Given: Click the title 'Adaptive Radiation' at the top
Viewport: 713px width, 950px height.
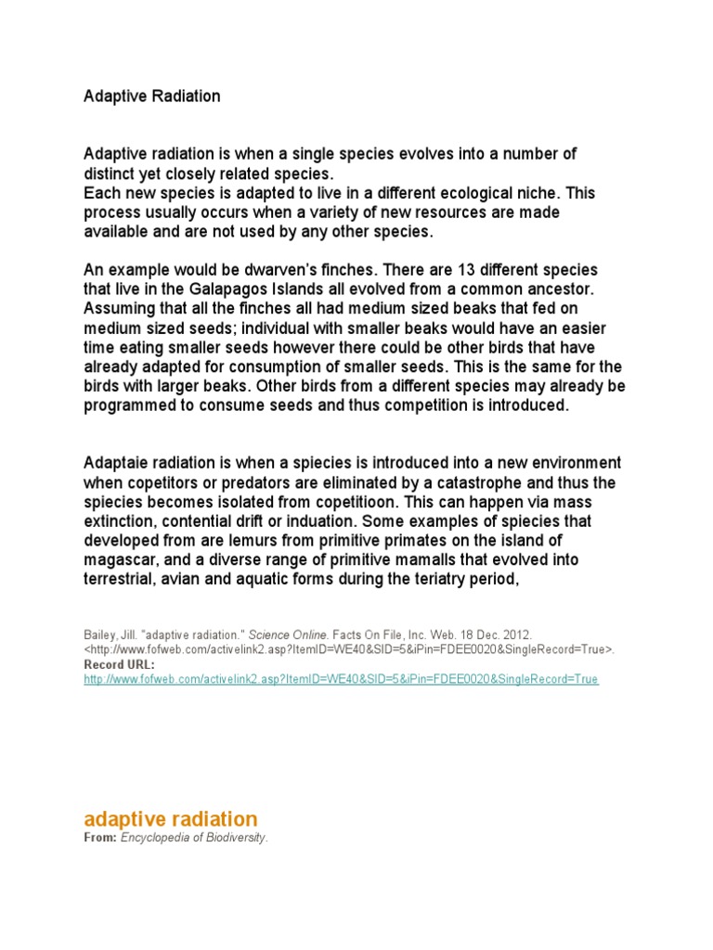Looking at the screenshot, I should [152, 96].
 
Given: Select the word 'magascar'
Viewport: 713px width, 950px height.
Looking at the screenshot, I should [118, 560].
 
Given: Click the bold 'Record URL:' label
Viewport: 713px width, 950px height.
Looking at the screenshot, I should [120, 665].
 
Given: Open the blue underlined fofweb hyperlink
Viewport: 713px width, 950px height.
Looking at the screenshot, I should [341, 680].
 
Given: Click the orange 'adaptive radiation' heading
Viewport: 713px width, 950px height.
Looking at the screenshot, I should [171, 819].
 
